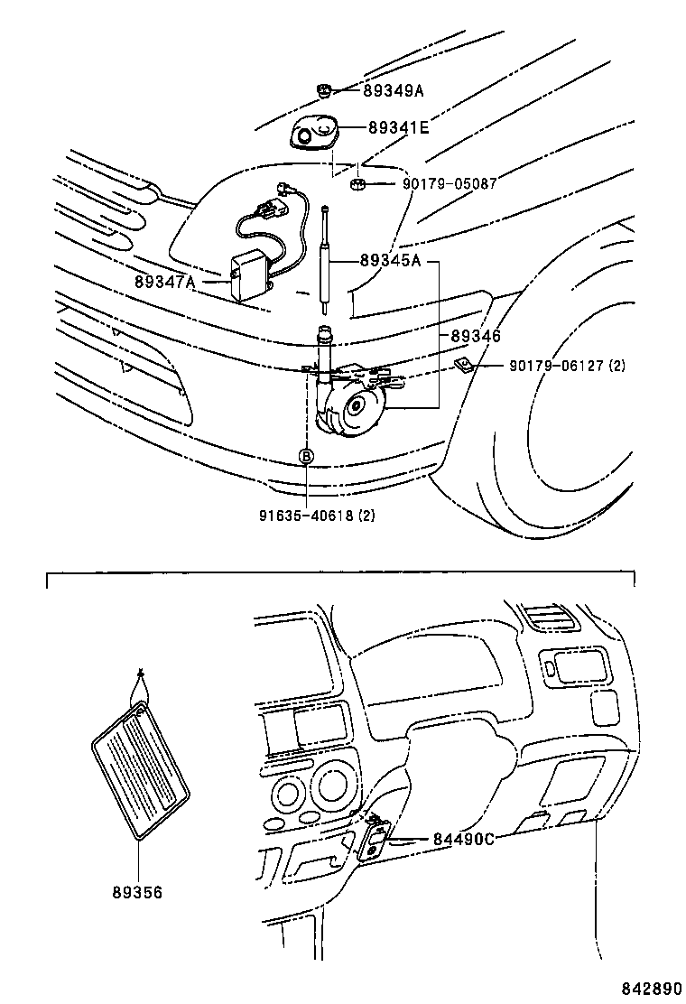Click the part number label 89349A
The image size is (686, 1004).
pos(394,90)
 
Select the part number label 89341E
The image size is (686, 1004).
pos(398,128)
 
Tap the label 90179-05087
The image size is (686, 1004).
pos(450,184)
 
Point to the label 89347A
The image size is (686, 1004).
pos(164,282)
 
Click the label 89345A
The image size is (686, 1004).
pos(390,261)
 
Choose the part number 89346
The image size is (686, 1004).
pos(475,336)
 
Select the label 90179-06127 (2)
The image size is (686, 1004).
pos(567,366)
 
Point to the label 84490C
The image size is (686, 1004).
pos(464,840)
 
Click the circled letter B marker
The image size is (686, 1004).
pos(306,457)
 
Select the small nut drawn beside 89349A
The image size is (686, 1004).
pos(324,88)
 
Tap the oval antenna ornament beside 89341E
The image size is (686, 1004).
pos(315,136)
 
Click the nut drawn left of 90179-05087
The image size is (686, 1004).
pos(357,186)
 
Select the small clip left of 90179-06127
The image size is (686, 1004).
pos(462,364)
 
